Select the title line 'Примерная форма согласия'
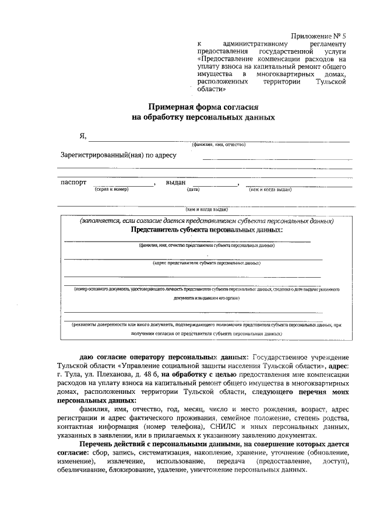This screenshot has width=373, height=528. click(203, 106)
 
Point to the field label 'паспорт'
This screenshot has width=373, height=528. click(74, 182)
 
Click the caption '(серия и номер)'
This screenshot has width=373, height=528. click(111, 190)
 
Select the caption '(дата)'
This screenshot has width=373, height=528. click(193, 190)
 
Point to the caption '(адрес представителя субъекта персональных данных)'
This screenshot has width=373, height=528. click(206, 263)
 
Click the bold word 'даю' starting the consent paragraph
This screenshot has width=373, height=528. click(88, 356)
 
